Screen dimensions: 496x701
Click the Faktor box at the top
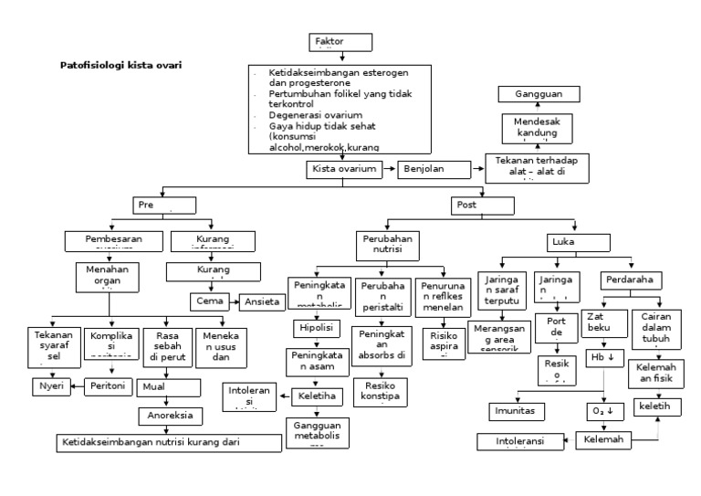click(341, 44)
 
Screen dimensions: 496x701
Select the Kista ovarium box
click(343, 170)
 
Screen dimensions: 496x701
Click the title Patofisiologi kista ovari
click(120, 66)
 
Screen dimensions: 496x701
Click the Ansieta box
click(264, 301)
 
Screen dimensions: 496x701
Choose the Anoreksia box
click(171, 416)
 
